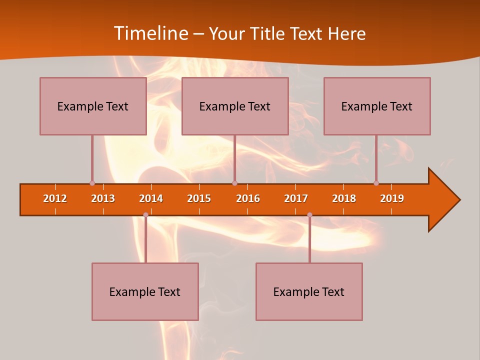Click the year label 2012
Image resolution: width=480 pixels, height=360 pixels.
[x=55, y=198]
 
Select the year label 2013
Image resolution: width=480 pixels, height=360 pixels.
[x=103, y=198]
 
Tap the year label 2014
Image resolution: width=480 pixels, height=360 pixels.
[x=151, y=198]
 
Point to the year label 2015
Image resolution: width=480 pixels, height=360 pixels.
[x=199, y=198]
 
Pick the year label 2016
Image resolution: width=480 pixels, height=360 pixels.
[x=248, y=198]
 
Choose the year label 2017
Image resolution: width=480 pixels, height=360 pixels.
[x=296, y=198]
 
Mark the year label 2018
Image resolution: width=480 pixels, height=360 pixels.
[x=344, y=198]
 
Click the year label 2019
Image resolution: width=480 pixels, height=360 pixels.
[x=392, y=198]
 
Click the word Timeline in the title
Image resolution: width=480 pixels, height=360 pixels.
[x=150, y=33]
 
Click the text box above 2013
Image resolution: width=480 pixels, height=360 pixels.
[x=93, y=106]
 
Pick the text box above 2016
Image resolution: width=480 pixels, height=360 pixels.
[x=235, y=106]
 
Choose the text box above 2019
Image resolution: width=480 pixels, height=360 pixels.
[x=377, y=106]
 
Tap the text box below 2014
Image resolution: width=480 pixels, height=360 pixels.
[x=145, y=291]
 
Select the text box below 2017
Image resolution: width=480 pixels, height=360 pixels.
[x=309, y=291]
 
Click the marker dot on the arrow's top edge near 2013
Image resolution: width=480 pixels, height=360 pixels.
[x=92, y=183]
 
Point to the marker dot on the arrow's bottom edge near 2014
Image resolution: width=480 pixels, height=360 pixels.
[x=145, y=215]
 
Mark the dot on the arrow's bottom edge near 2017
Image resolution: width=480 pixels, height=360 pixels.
[x=309, y=215]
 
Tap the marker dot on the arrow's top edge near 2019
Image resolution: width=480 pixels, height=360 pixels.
[x=376, y=183]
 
